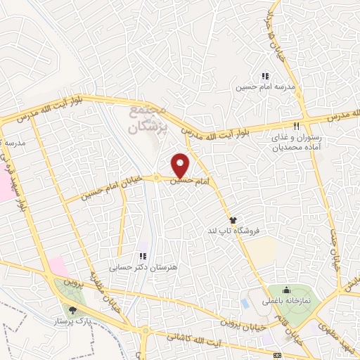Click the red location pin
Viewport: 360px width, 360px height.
click(x=181, y=165)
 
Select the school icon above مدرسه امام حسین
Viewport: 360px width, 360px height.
click(x=265, y=76)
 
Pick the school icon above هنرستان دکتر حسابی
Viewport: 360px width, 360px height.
click(x=142, y=256)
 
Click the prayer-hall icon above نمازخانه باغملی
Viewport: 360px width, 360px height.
click(x=285, y=290)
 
